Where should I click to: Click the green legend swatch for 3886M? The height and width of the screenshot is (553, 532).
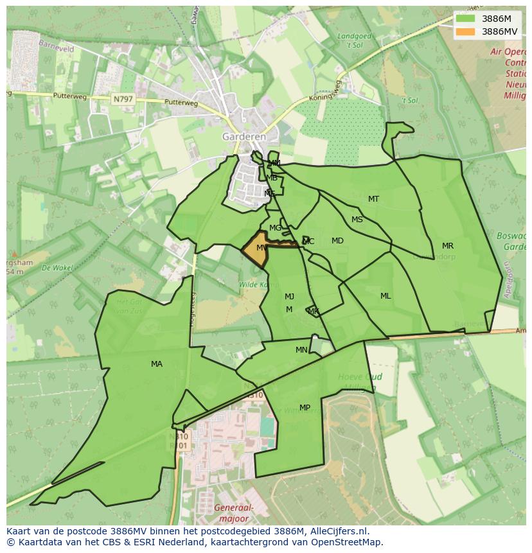coord(466,19)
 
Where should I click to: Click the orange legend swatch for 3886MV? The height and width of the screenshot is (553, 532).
coord(466,31)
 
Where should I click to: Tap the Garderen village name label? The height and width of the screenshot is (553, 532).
coord(244,137)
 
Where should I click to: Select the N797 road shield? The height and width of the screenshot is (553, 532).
coord(122,99)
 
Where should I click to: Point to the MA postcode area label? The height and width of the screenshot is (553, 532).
coord(157,364)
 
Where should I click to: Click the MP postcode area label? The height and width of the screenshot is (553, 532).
coord(305,408)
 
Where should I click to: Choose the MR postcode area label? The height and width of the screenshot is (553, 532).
coord(448,246)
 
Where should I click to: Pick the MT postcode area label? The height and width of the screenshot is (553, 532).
coord(373,199)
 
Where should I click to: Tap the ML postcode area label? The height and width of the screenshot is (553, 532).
coord(386,296)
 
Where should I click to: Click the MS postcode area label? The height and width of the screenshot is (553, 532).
coord(357,220)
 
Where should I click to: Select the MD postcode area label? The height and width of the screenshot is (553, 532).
coord(337,241)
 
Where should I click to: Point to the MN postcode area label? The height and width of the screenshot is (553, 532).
coord(301,350)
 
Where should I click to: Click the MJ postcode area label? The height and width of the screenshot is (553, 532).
coord(290,297)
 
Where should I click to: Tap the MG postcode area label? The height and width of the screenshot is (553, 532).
coord(275,228)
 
